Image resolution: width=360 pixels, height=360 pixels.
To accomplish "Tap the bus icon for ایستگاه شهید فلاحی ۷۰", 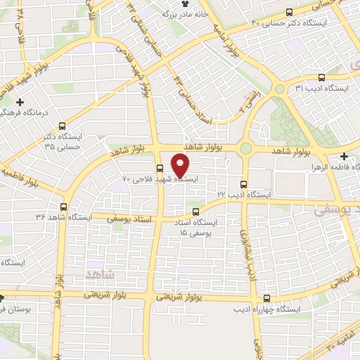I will coord(160,168).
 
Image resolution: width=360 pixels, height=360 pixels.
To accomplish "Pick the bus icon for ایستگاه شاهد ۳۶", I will coord(64,207).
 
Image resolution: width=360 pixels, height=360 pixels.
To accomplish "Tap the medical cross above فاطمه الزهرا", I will coord(343,156).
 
